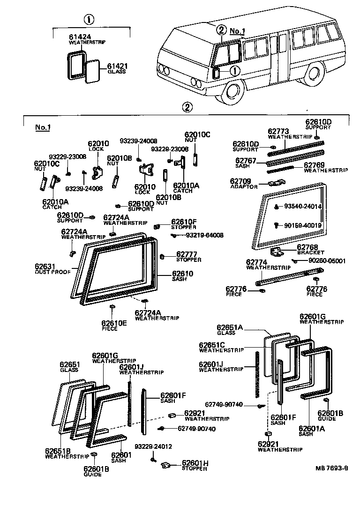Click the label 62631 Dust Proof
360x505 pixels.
tap(52, 269)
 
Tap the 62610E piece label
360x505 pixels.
tap(114, 324)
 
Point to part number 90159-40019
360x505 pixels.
tap(306, 225)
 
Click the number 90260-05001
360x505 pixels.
tap(327, 260)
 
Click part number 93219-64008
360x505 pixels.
tap(204, 235)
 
